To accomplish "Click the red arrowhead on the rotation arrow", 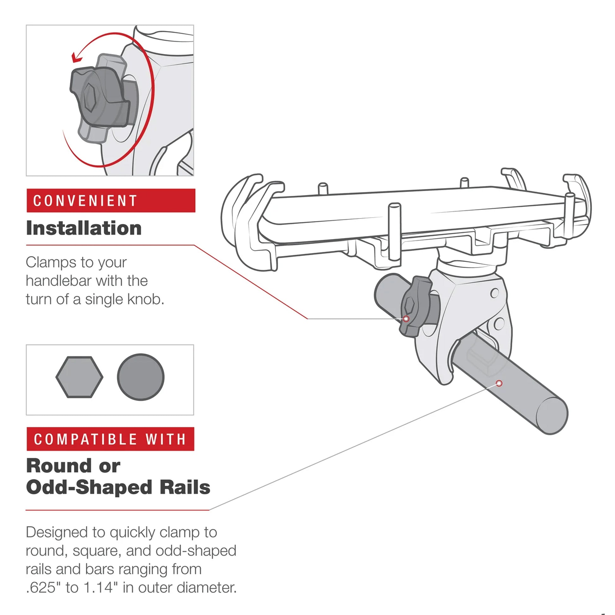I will [77, 58].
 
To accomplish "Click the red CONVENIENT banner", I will [111, 201].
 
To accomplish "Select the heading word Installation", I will [84, 228].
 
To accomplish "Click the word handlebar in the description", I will [58, 281].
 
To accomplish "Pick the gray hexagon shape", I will [79, 377].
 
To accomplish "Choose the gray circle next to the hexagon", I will [141, 377].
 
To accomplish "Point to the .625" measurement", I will [43, 588].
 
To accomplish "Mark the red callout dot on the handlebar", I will [499, 383].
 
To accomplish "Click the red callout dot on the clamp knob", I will [406, 319].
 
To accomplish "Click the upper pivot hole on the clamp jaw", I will [494, 293].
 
